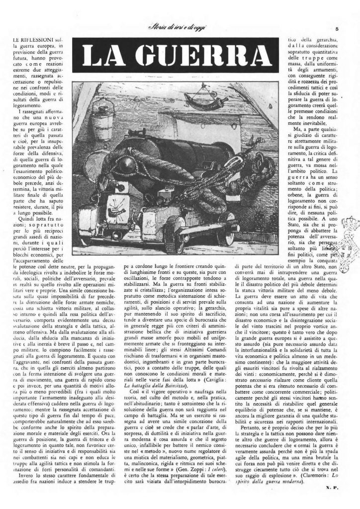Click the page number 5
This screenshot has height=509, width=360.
coord(337,29)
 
